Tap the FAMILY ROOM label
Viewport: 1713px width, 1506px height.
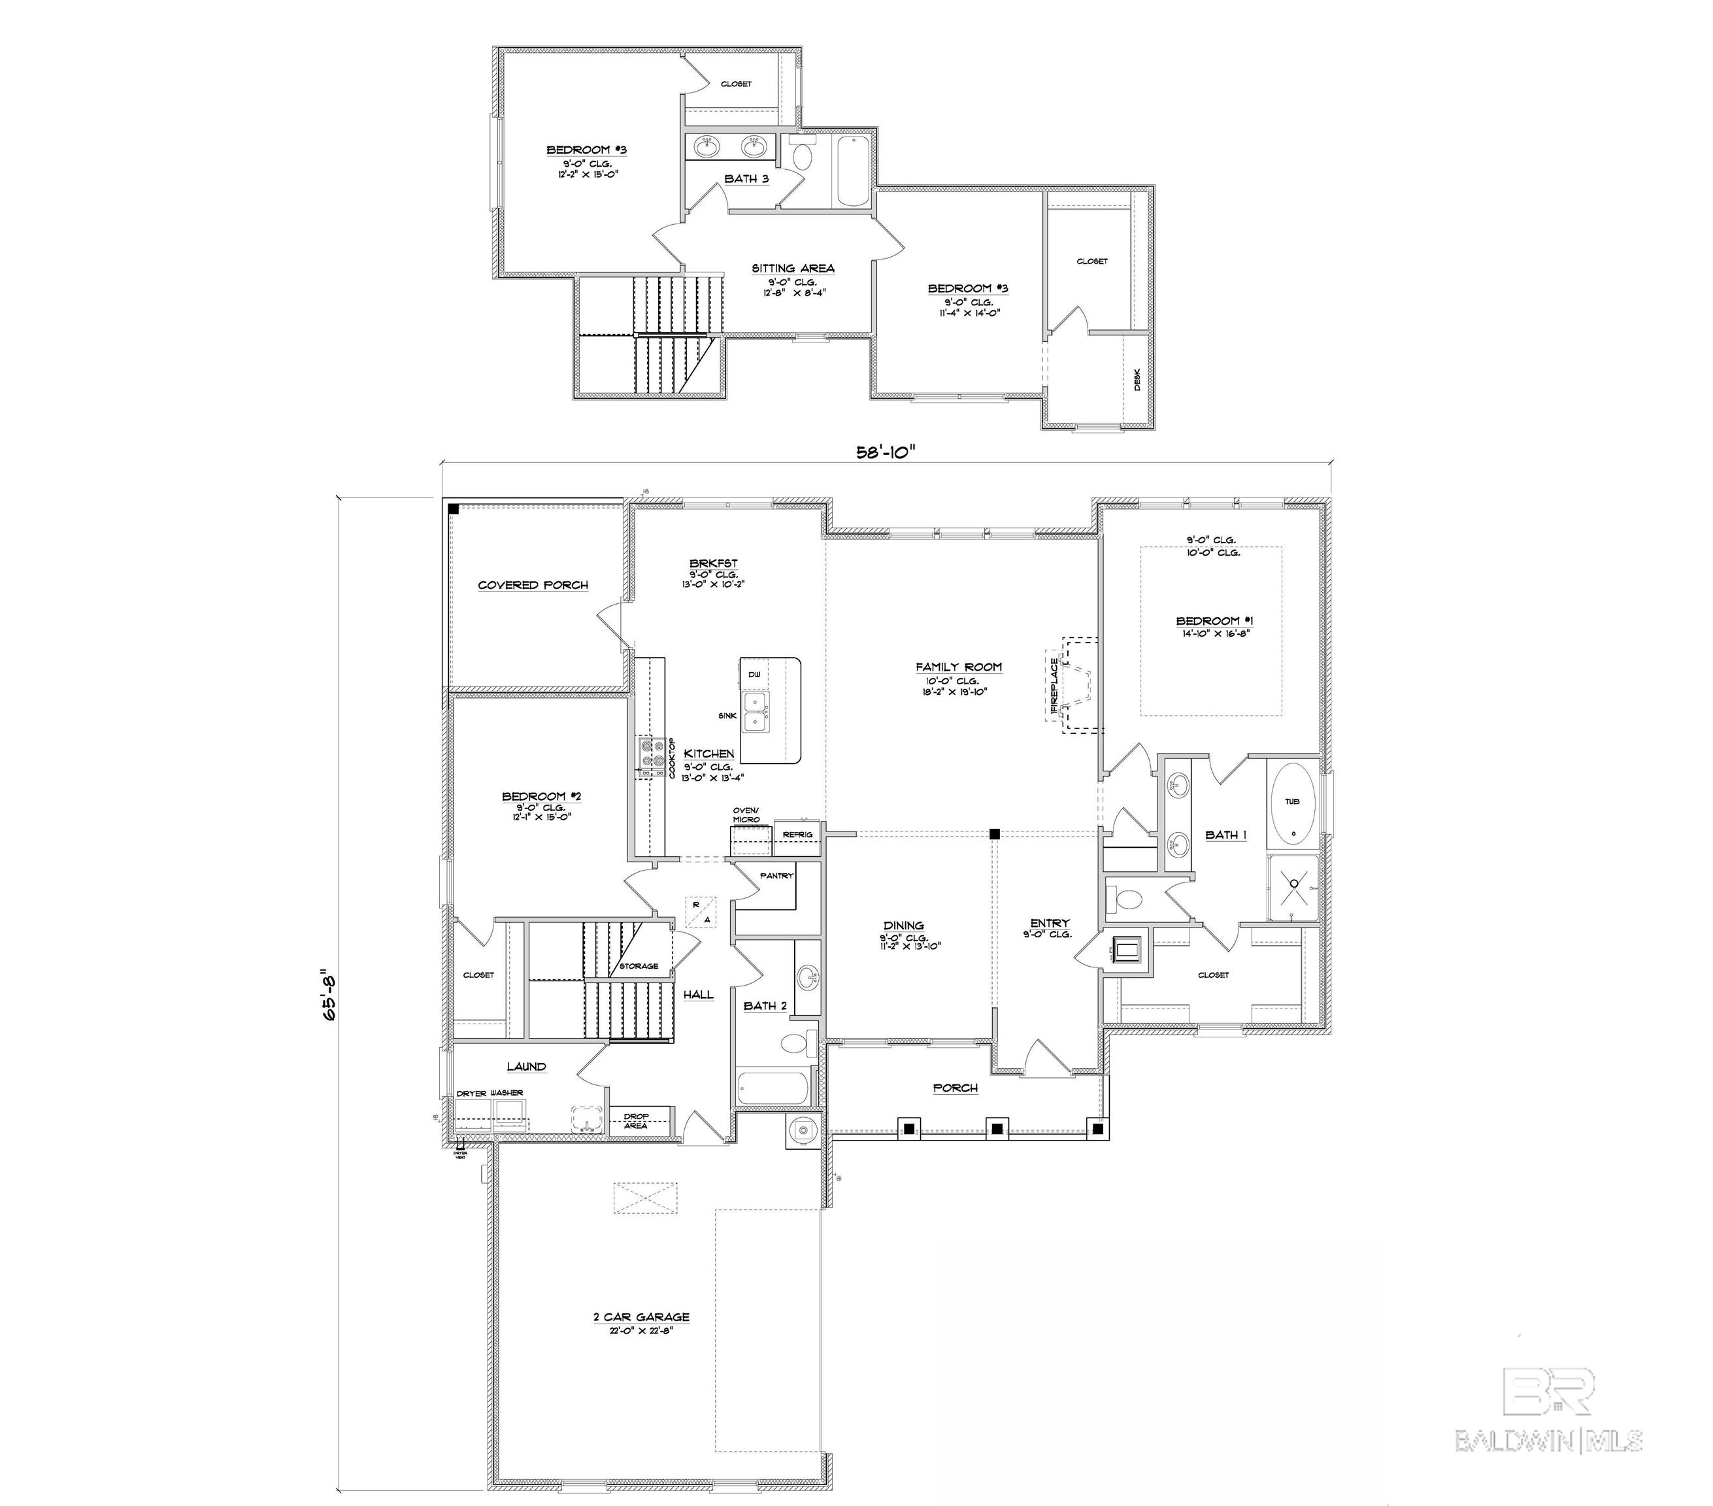959,667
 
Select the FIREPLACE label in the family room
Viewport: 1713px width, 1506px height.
1054,688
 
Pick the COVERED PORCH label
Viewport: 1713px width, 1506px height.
533,585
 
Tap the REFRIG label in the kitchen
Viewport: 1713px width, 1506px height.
797,835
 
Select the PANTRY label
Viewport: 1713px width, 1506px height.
776,876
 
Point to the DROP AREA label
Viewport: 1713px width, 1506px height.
636,1120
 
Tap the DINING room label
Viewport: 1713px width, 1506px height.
903,926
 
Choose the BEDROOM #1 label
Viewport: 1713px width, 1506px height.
1214,621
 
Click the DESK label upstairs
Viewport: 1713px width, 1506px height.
1137,380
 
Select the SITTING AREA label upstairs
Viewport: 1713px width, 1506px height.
793,268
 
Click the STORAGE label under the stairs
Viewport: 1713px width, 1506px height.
639,966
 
